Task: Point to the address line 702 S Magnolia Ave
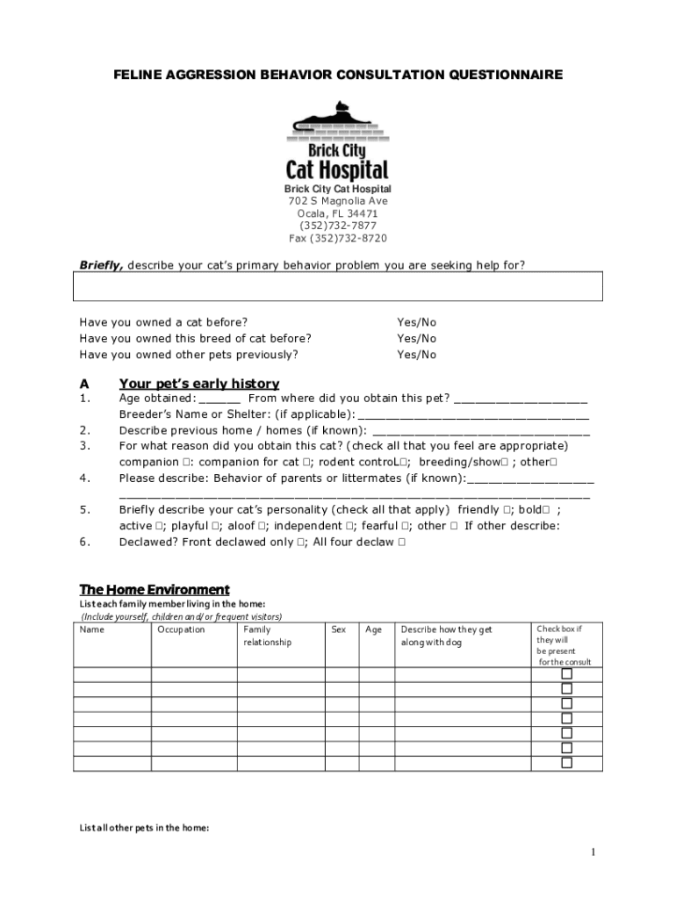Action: pyautogui.click(x=338, y=201)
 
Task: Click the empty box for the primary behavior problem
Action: pyautogui.click(x=338, y=286)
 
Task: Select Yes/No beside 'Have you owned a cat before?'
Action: pyautogui.click(x=416, y=322)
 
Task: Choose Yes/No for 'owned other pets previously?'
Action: pyautogui.click(x=416, y=355)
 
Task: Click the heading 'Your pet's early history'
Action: pyautogui.click(x=199, y=384)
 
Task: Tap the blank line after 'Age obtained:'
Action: pyautogui.click(x=219, y=399)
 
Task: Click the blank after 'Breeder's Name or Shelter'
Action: pyautogui.click(x=474, y=415)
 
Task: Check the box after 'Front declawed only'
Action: pyautogui.click(x=301, y=543)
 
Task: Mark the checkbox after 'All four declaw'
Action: pyautogui.click(x=401, y=543)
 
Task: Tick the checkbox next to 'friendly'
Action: pyautogui.click(x=508, y=510)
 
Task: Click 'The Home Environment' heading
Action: pyautogui.click(x=155, y=589)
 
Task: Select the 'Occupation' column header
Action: pyautogui.click(x=181, y=629)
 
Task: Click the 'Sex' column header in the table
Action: pyautogui.click(x=339, y=629)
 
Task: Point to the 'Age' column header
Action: pyautogui.click(x=374, y=629)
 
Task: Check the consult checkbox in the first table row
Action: pyautogui.click(x=566, y=674)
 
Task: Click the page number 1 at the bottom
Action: pyautogui.click(x=593, y=852)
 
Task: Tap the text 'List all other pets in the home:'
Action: pyautogui.click(x=144, y=827)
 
